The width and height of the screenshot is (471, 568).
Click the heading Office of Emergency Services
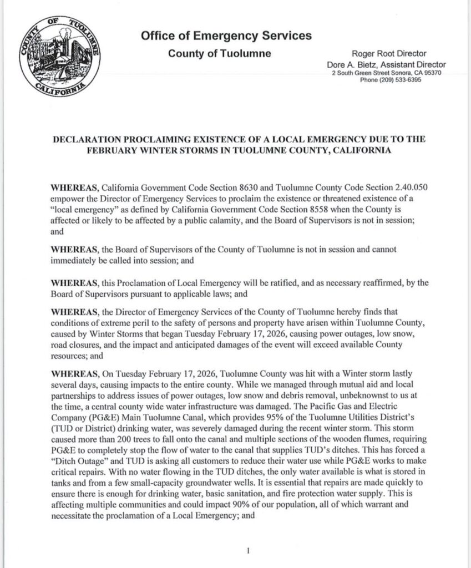(x=226, y=37)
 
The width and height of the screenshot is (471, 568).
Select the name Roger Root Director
(x=389, y=54)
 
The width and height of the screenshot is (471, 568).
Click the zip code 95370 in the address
(x=431, y=73)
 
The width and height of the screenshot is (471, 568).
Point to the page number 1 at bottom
(x=249, y=550)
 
